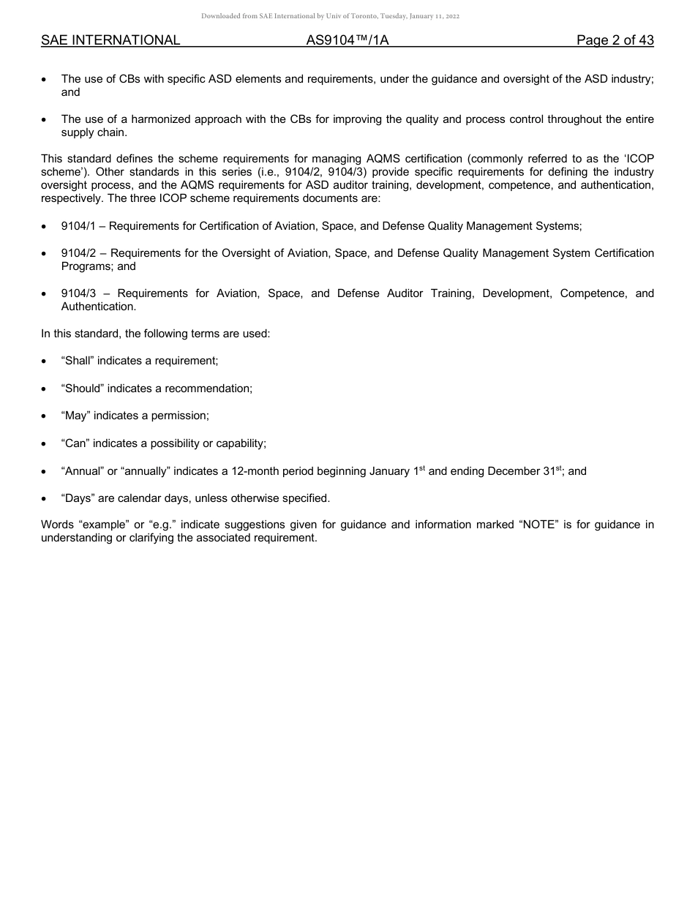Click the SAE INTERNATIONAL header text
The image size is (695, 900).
pos(110,40)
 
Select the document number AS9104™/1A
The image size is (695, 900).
pos(347,40)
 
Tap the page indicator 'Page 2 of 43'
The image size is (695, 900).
pos(615,40)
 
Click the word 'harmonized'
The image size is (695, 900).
pos(159,119)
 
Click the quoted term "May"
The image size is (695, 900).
pos(75,416)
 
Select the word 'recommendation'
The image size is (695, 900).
pos(209,389)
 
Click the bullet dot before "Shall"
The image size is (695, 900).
pos(45,361)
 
